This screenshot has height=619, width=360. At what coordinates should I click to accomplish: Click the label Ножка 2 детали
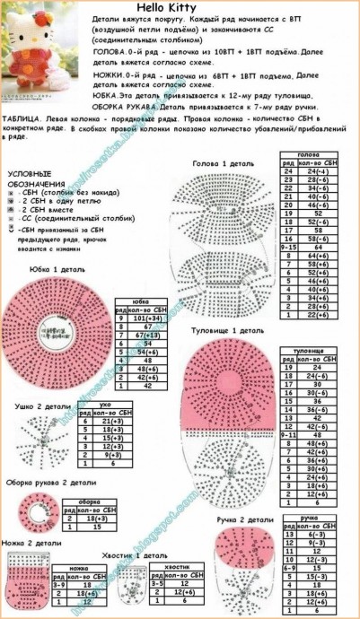[x=27, y=544]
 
